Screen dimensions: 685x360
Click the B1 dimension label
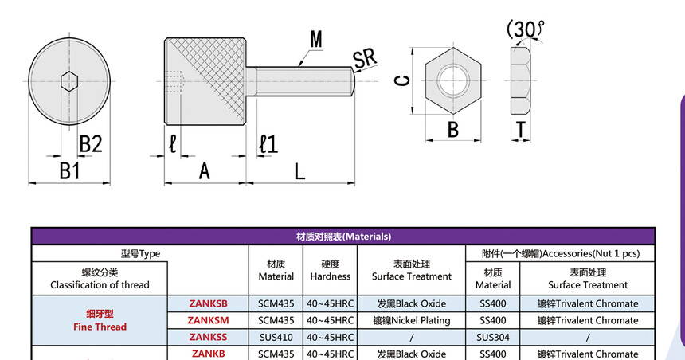point(70,170)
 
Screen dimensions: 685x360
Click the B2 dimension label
point(91,143)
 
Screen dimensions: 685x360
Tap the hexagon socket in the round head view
point(69,81)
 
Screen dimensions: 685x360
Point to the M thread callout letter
point(316,39)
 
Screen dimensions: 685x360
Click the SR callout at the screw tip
point(365,59)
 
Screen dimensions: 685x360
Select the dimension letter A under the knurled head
point(204,170)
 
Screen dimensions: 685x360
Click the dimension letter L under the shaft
point(299,170)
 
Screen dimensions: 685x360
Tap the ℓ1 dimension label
point(268,144)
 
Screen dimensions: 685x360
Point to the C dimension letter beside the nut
point(403,80)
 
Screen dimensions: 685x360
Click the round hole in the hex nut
point(453,80)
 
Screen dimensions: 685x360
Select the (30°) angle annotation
point(526,29)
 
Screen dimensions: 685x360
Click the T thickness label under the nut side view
point(520,129)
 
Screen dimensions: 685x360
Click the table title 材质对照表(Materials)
point(343,237)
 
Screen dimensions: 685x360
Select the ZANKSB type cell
point(209,303)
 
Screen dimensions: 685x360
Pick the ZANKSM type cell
point(209,320)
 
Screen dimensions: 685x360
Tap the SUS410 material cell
point(276,337)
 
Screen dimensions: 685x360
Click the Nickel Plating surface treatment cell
point(412,320)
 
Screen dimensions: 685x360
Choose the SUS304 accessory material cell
point(493,337)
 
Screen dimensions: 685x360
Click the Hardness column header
point(331,270)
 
